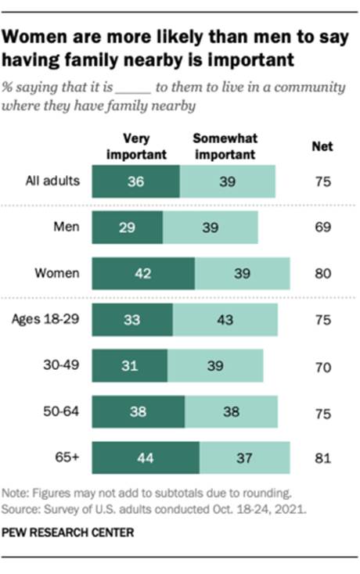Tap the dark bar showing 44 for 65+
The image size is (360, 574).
[146, 458]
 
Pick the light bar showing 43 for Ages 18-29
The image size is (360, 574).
[225, 321]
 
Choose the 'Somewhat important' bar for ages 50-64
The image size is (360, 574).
[231, 412]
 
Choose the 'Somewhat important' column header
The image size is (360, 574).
[224, 145]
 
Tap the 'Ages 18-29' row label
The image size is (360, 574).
[48, 321]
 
